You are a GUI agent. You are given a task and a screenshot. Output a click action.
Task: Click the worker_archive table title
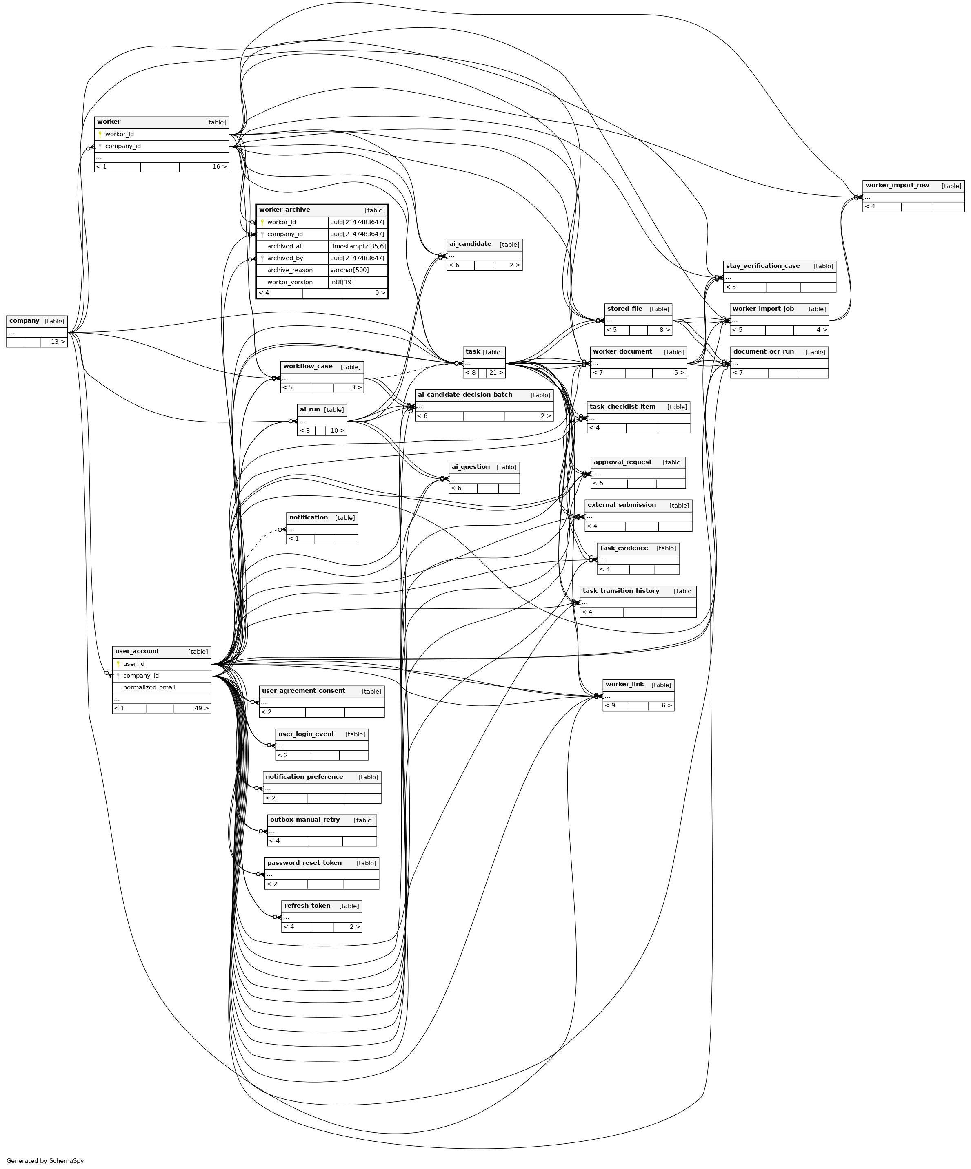[284, 210]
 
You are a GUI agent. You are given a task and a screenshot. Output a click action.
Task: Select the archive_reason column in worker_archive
[290, 270]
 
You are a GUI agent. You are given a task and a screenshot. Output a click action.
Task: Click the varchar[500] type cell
[349, 270]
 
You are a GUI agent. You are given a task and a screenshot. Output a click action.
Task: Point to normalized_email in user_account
[149, 687]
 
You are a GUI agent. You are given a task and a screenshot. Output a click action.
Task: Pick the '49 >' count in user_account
[202, 709]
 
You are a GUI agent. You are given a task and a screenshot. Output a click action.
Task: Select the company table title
[24, 320]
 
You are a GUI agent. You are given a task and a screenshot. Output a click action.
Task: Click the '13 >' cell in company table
[58, 342]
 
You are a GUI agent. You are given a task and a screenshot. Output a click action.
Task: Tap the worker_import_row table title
[897, 186]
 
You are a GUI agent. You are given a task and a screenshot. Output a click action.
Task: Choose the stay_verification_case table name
[763, 266]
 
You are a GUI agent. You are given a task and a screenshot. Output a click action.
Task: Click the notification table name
[308, 518]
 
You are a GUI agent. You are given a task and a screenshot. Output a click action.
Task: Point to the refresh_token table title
[307, 906]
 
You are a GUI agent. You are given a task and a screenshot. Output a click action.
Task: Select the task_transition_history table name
[620, 591]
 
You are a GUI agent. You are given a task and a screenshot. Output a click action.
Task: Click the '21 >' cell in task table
[496, 373]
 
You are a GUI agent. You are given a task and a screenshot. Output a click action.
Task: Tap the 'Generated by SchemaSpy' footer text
[45, 1161]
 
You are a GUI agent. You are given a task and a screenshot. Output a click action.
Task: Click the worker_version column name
[290, 282]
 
